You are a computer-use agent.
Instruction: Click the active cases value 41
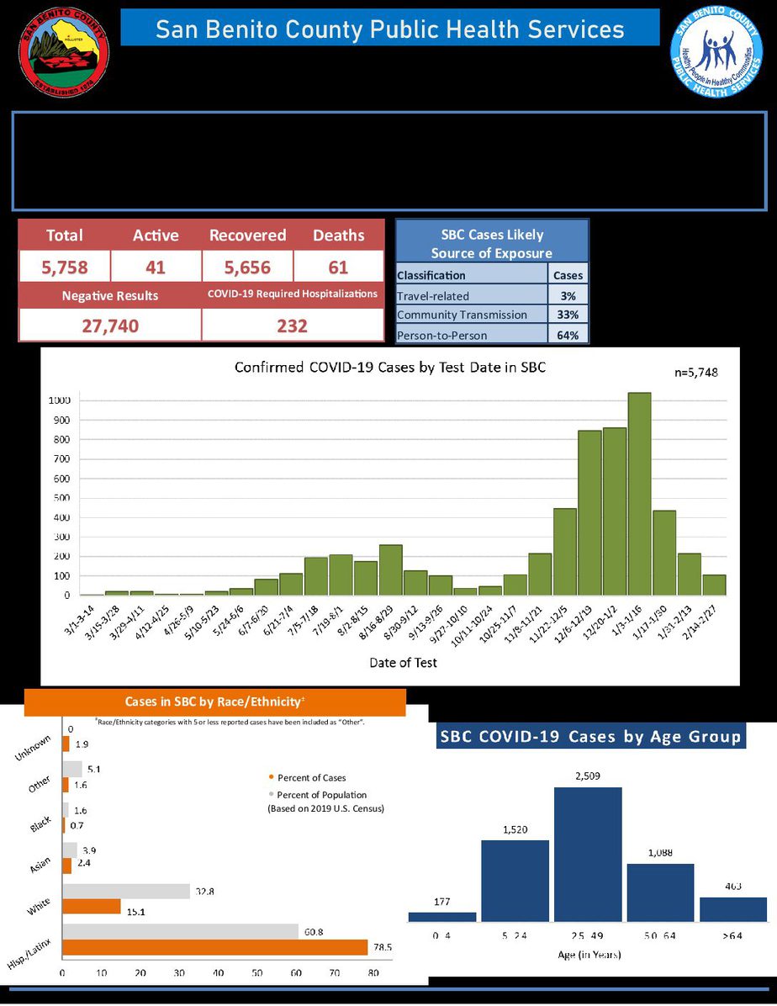156,267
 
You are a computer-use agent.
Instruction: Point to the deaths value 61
339,267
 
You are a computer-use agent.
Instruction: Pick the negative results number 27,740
109,326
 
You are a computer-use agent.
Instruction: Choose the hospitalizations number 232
292,326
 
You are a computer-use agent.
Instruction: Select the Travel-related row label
433,295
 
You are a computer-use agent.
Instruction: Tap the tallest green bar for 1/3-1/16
639,494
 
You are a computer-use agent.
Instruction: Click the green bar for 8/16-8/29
390,569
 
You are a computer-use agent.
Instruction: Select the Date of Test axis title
403,663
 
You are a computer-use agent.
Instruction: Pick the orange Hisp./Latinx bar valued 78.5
215,948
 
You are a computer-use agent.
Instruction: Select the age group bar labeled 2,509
587,854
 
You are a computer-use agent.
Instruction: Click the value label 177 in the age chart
442,903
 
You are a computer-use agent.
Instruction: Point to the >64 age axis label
732,935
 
